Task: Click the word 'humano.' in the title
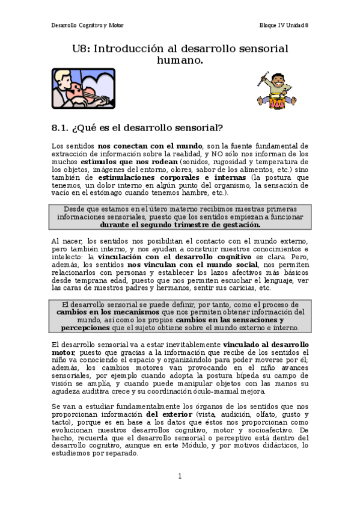[180, 60]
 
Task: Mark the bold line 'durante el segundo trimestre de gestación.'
[180, 225]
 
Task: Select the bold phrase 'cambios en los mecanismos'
[108, 313]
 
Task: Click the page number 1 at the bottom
[180, 476]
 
